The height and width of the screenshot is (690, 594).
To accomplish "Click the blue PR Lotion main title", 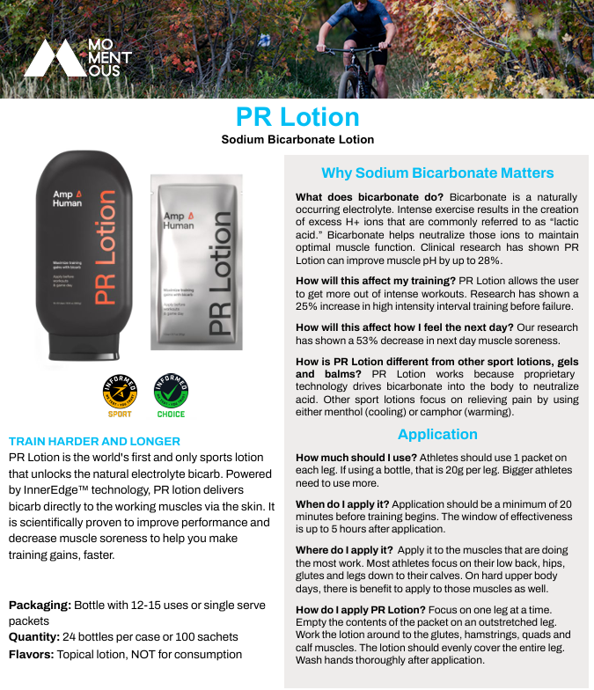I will coord(297,117).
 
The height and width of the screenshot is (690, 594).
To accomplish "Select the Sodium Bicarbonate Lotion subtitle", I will coord(297,140).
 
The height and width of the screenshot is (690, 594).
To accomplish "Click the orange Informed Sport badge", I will coord(120,393).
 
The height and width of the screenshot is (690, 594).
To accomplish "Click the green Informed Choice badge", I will coord(171,393).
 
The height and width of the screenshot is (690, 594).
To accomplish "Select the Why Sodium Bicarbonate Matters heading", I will coord(437,172).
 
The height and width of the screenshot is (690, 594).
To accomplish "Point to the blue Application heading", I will coord(437,434).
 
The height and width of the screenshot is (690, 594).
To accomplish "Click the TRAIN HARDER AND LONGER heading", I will coord(94,441).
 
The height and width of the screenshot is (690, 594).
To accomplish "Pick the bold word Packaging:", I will coord(39,606).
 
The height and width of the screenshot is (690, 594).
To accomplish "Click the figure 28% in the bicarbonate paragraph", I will coord(488,261).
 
